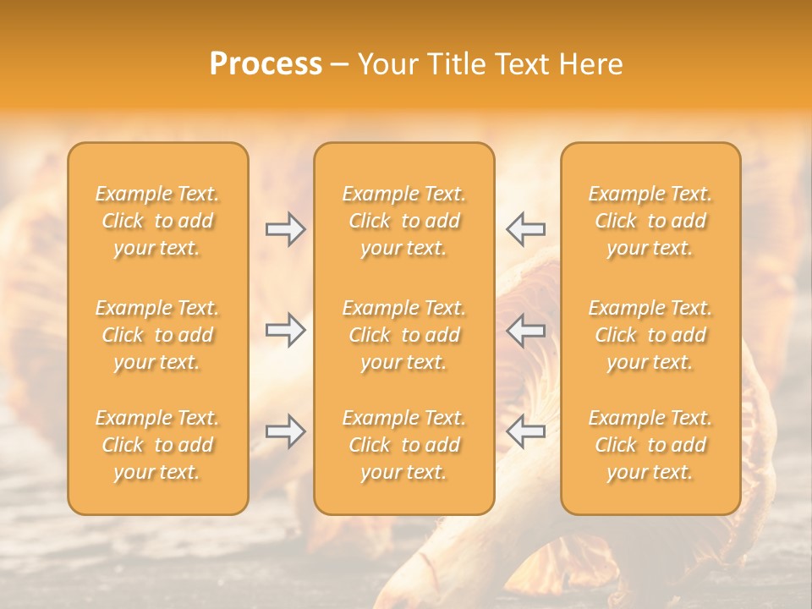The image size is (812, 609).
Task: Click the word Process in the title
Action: pos(266,64)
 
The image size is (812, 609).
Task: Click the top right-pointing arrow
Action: pos(285,229)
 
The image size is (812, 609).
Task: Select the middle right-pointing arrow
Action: pos(285,330)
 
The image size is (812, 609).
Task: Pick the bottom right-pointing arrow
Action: pos(285,431)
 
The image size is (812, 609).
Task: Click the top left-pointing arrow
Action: pos(526,229)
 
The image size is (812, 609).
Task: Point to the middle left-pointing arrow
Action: pos(526,330)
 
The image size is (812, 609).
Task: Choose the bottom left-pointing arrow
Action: pos(526,431)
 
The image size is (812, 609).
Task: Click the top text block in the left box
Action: pos(157,221)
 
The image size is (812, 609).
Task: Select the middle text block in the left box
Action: pos(157,335)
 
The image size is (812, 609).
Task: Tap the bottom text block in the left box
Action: pos(157,445)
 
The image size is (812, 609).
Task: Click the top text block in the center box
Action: pos(404,221)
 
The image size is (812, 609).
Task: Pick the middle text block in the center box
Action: pos(404,335)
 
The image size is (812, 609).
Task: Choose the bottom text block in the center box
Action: pos(404,445)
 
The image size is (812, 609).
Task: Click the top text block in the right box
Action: pos(650,221)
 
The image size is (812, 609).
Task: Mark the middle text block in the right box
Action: pos(650,335)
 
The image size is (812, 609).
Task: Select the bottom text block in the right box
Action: pos(650,445)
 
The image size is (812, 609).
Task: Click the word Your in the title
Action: pos(385,64)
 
